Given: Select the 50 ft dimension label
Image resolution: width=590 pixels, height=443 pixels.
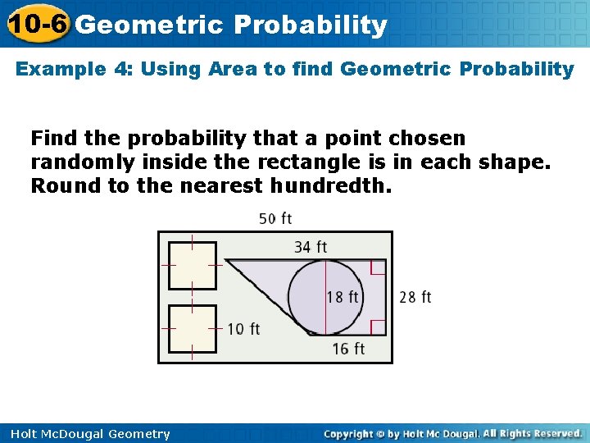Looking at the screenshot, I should click(275, 218).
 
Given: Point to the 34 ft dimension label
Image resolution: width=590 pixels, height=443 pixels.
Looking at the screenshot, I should click(311, 246).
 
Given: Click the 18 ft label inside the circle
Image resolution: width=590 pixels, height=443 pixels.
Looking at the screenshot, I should click(343, 297).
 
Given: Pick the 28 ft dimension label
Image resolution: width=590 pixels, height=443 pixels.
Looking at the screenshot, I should click(415, 297).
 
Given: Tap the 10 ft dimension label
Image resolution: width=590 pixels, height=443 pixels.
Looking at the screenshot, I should click(243, 329).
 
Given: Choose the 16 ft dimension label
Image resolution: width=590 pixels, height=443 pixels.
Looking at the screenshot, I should click(348, 349).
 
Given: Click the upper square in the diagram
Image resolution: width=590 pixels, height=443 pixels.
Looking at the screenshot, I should click(193, 266).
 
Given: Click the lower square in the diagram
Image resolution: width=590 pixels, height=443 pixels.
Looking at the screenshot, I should click(193, 329).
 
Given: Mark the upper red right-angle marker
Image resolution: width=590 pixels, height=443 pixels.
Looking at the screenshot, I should click(378, 268).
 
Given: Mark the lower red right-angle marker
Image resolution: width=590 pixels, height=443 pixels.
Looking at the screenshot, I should click(378, 327).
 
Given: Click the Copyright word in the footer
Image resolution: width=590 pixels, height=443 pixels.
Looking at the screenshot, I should click(354, 434).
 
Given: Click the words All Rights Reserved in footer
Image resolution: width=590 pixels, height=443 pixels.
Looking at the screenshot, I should click(532, 434).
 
